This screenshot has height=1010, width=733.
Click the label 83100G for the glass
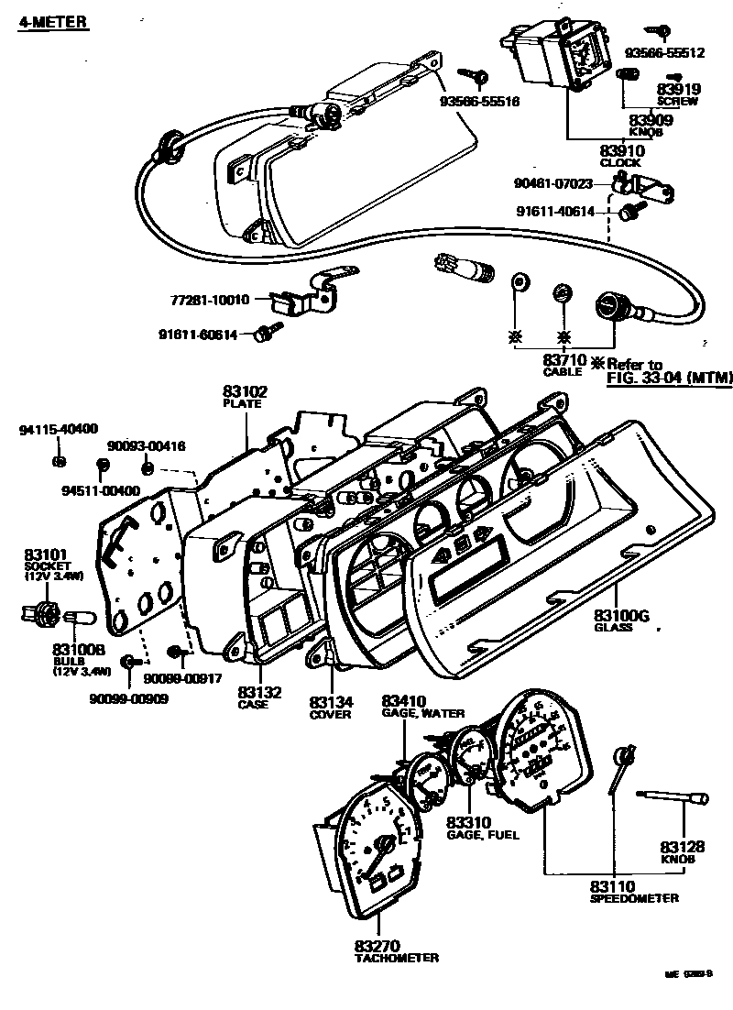click(x=621, y=616)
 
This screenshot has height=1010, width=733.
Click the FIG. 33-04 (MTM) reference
click(x=670, y=379)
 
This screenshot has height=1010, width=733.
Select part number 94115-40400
click(x=60, y=429)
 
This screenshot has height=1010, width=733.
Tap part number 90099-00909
click(x=129, y=698)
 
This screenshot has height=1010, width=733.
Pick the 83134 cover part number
click(x=330, y=701)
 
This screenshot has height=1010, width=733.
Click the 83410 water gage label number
click(x=406, y=701)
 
